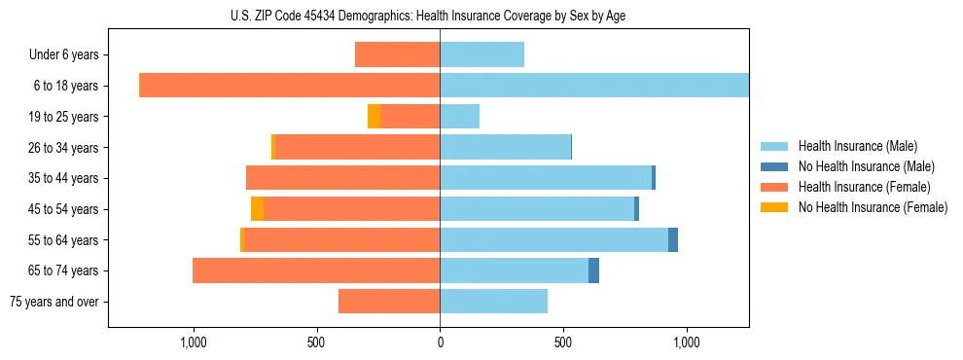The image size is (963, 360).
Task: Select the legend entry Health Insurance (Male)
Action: [857, 146]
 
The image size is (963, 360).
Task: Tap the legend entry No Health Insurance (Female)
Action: [873, 207]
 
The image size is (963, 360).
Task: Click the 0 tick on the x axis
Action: [440, 342]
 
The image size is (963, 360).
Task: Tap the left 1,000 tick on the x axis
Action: [193, 342]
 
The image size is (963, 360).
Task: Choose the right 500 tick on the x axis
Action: [563, 342]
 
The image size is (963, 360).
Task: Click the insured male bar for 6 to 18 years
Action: [594, 86]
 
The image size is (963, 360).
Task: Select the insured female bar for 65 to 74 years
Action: [316, 270]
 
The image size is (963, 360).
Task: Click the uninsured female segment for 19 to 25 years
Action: [374, 117]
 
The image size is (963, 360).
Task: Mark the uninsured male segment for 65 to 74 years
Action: [593, 270]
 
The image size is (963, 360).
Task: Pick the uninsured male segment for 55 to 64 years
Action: [673, 239]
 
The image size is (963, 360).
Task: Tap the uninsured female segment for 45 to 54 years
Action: [257, 209]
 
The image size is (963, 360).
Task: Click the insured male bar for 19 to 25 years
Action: [459, 117]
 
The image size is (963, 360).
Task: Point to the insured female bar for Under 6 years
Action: [397, 54]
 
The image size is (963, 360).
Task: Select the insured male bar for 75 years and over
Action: [493, 302]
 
